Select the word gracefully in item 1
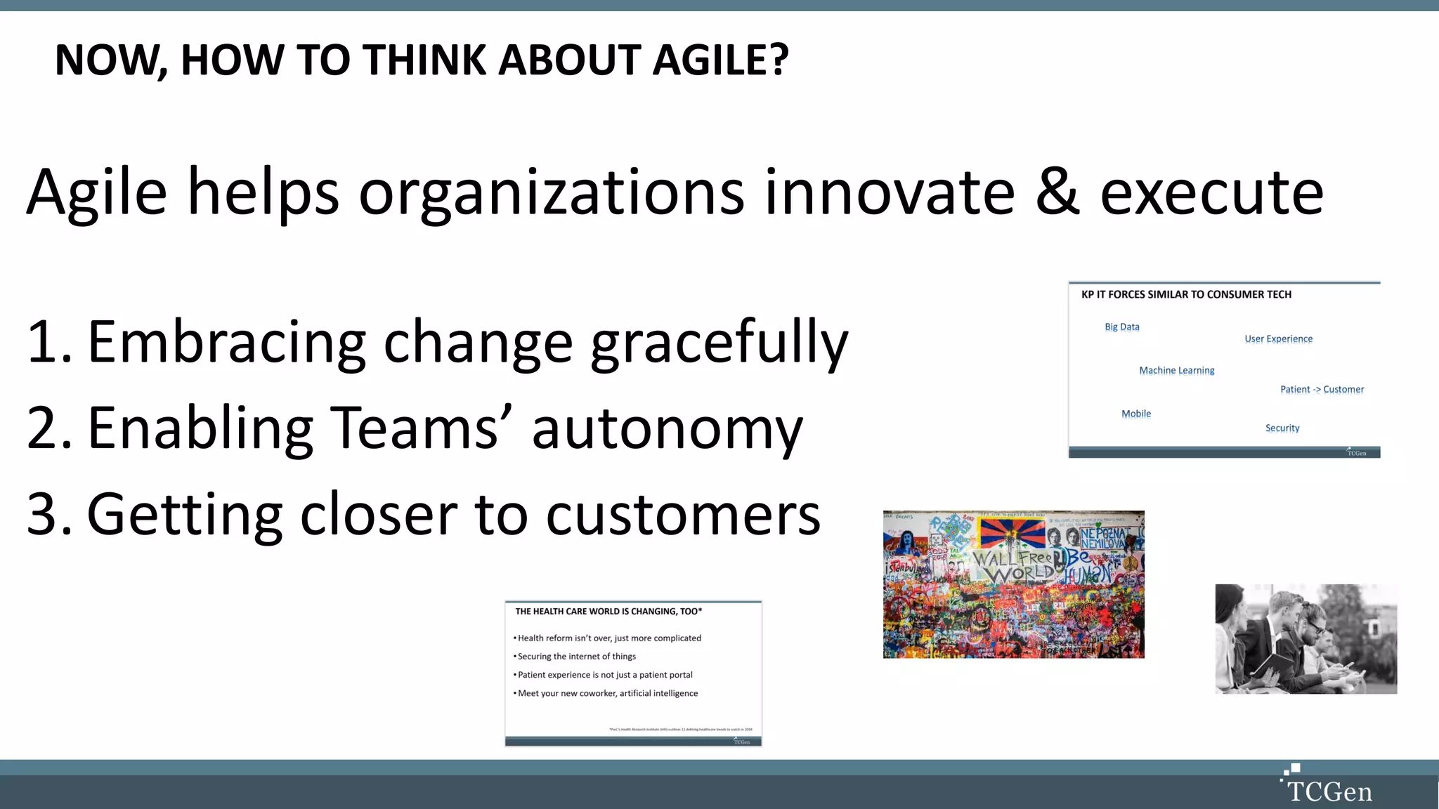719,343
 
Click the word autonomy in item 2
667,429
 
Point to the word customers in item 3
683,515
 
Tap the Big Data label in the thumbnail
1122,327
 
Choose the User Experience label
1278,339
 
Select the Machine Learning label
1176,371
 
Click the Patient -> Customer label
1322,390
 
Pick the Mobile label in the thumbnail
1136,414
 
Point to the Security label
1282,428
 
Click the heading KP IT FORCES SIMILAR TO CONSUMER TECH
1186,295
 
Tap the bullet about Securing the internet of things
576,657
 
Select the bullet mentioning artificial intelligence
607,693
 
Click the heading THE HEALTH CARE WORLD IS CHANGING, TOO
608,612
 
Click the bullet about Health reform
608,638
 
